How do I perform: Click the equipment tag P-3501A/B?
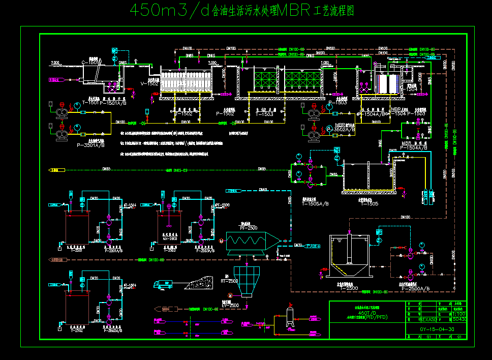90,145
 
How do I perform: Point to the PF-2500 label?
249,228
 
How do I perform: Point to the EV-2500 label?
230,305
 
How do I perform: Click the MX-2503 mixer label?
170,238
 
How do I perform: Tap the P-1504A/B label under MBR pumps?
414,148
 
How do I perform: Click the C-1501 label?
91,62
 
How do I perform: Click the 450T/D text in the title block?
367,313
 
